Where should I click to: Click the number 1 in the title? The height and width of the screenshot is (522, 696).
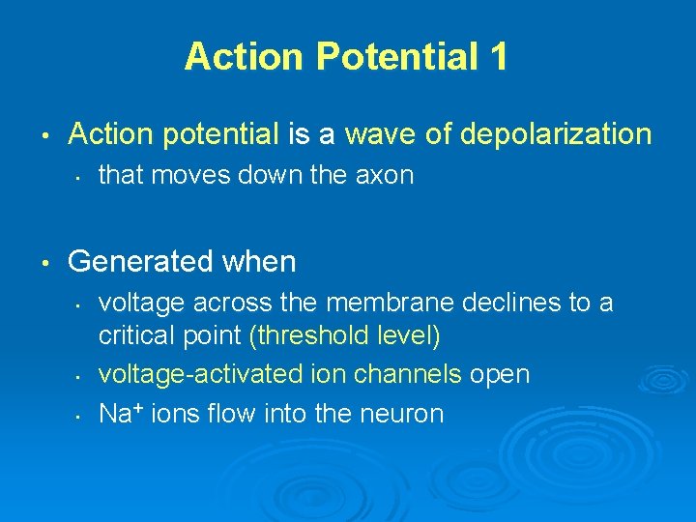tap(498, 57)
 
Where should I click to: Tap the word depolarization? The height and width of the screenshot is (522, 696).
tap(556, 134)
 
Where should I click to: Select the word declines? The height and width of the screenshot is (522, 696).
tap(509, 304)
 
